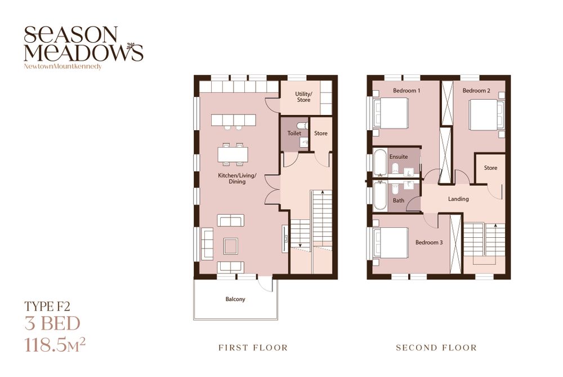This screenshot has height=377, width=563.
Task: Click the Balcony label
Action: (x=235, y=299)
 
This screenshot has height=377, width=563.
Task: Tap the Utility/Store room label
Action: (x=304, y=97)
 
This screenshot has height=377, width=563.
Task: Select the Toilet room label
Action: (x=294, y=134)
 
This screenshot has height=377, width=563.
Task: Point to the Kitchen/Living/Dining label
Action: (x=238, y=179)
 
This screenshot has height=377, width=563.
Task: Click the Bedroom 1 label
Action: (x=406, y=91)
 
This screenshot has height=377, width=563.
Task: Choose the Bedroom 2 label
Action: (x=476, y=91)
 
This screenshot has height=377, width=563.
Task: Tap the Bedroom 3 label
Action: (x=429, y=242)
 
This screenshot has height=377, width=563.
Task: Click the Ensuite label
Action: (x=399, y=157)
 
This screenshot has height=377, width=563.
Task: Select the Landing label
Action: (x=458, y=199)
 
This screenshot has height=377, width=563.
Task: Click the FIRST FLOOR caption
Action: (x=253, y=348)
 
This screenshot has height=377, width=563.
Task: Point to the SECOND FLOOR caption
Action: (x=436, y=348)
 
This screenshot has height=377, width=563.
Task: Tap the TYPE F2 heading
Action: (x=47, y=306)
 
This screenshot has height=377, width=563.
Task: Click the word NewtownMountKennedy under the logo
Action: (x=63, y=66)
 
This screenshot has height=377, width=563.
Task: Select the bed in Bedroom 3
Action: (x=391, y=242)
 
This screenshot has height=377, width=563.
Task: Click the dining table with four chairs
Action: (x=233, y=154)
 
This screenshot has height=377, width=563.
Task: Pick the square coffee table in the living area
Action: (x=230, y=246)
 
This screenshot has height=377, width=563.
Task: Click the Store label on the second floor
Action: (x=490, y=168)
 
